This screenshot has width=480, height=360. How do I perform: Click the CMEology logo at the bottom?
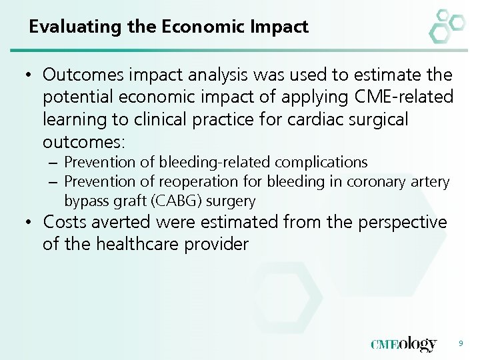tap(403, 344)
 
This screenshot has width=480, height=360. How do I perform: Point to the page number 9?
tap(460, 343)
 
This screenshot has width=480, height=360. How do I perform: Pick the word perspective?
tap(403, 221)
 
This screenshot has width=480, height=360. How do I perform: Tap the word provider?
tap(215, 244)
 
